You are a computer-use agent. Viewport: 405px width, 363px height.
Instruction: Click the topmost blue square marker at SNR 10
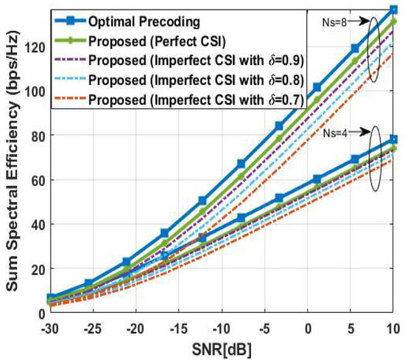394,10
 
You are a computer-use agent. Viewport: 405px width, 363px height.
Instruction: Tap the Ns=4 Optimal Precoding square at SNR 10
394,139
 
